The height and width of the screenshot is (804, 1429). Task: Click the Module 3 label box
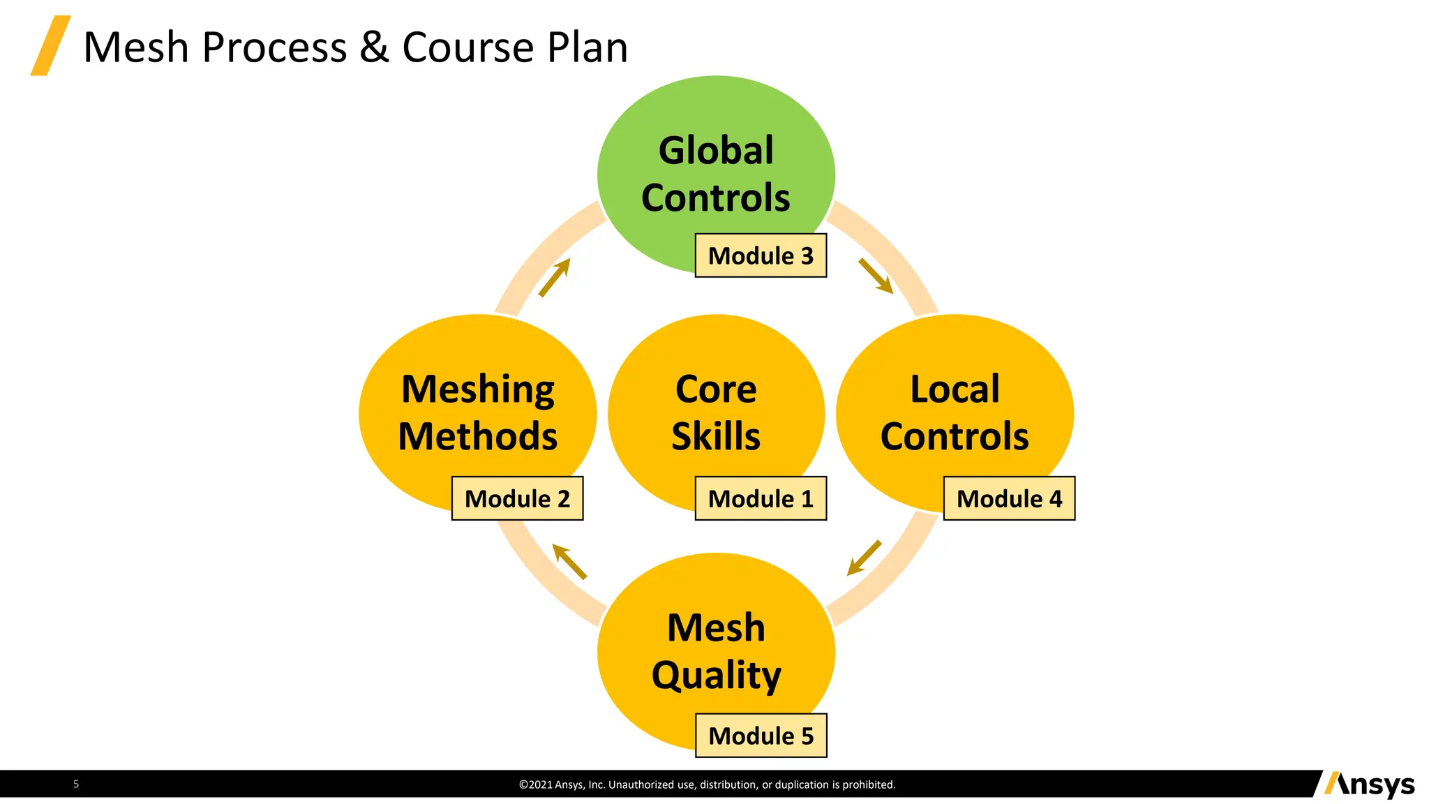761,255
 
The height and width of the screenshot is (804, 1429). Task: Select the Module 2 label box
517,498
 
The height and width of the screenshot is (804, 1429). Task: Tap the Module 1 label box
761,498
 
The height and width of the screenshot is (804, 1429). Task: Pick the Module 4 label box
1009,498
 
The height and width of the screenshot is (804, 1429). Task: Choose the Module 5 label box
761,736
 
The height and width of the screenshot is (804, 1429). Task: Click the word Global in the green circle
716,151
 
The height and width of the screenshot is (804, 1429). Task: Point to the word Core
716,389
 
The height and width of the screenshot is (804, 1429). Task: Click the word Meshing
478,390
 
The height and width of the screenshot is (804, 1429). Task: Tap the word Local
955,389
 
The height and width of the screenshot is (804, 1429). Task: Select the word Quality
716,676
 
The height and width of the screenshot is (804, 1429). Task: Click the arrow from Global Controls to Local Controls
876,276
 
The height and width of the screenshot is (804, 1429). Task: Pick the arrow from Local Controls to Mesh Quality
864,558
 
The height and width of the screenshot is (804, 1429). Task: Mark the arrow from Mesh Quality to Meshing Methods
569,562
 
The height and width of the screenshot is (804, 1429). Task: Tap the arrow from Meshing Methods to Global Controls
555,278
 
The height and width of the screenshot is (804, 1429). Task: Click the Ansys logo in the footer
1369,784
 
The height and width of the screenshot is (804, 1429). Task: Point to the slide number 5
76,784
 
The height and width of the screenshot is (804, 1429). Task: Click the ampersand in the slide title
374,47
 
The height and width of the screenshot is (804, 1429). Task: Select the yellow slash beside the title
50,45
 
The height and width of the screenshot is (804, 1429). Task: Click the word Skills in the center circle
716,436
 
